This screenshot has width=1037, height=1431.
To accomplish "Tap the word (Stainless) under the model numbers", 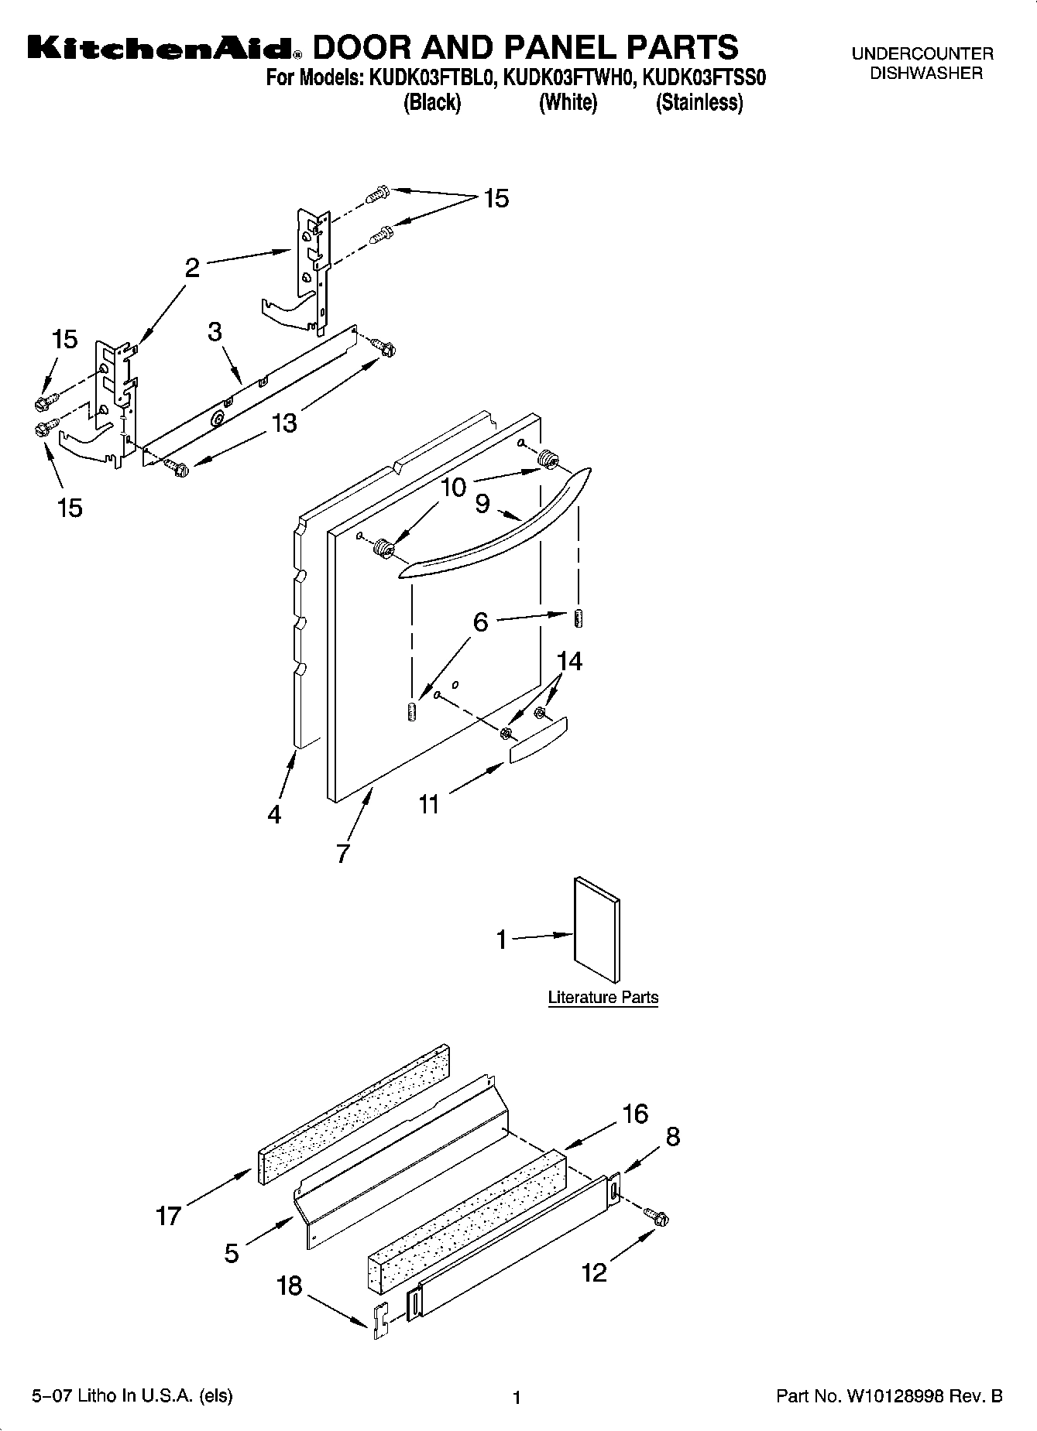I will (x=699, y=103).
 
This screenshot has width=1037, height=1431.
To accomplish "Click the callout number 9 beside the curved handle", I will (x=482, y=504).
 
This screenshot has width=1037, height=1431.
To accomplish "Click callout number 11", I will (x=428, y=804).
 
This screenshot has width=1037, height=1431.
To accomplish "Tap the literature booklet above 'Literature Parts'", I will (x=596, y=929).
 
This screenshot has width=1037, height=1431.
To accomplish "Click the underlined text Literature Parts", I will (x=603, y=998).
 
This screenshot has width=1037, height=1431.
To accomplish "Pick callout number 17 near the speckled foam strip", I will (x=168, y=1216).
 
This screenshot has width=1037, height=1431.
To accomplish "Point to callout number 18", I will (x=290, y=1286).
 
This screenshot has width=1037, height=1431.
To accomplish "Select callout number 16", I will (x=635, y=1114).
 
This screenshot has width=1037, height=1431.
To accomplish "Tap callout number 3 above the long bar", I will (x=215, y=331).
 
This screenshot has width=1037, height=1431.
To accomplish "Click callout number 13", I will (x=284, y=423).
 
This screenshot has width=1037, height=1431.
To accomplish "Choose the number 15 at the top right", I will (x=496, y=199).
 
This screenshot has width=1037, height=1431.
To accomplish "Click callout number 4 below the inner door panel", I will (x=274, y=814).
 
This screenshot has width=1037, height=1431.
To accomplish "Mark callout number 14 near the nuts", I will (x=569, y=660).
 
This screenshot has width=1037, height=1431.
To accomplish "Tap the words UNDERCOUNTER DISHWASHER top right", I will (x=922, y=63).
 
